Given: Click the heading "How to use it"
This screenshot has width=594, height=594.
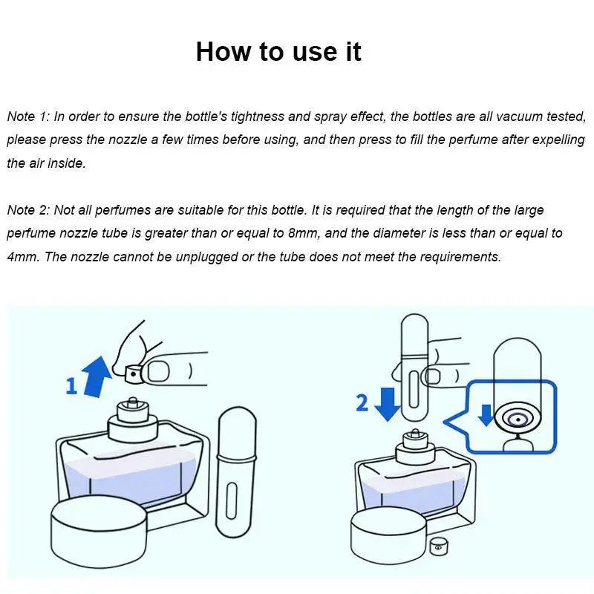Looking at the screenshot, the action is (x=278, y=51).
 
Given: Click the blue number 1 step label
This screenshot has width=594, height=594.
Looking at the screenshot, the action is (x=71, y=386).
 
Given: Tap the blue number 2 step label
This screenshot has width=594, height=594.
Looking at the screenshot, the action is (x=362, y=402).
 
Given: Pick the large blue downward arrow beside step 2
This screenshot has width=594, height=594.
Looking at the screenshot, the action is (x=387, y=404).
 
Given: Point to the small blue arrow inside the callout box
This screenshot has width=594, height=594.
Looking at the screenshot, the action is (x=486, y=415).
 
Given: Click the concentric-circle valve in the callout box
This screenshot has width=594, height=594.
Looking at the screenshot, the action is (x=518, y=420).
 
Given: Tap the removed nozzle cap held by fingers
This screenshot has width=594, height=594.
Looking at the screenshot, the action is (x=133, y=374).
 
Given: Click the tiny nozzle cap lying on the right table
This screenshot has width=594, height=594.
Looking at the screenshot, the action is (x=439, y=546).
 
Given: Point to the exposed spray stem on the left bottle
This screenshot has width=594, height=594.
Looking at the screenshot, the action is (x=133, y=402).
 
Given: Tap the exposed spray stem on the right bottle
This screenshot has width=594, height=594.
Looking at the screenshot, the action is (x=415, y=434).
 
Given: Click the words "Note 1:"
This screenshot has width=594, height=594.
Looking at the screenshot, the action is (x=28, y=117).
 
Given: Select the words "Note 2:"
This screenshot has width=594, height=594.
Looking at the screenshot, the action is (x=28, y=210).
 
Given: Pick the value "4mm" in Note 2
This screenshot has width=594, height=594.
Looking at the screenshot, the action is (x=22, y=256).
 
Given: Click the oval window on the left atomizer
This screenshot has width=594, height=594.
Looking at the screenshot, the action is (x=232, y=500).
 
